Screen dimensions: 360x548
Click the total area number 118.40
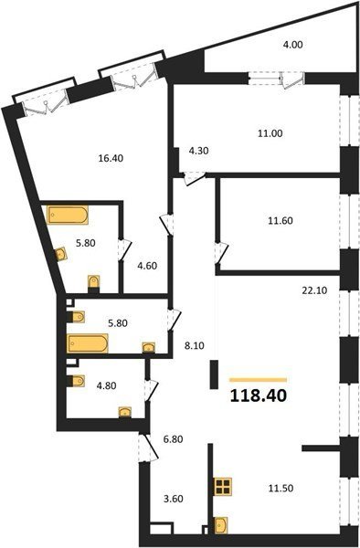pos(259,396)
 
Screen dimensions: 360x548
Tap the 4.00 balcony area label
pos(292,45)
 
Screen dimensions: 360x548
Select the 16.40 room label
pos(111,158)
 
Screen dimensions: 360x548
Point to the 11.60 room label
pos(281,221)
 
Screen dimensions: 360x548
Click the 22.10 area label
pos(315,290)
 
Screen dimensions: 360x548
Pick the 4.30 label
pos(198,151)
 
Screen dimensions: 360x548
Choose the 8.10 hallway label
pos(195,346)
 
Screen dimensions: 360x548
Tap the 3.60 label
pos(174,499)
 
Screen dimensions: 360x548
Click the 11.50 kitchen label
pos(281,489)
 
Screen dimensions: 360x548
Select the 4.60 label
pos(147,266)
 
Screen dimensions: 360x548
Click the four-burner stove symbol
pos(223,487)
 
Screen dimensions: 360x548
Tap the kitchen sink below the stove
pos(221,525)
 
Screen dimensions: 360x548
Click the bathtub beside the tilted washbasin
pos(68,215)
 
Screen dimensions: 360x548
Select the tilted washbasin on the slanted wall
pos(61,254)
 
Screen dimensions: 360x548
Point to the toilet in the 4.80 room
pos(77,381)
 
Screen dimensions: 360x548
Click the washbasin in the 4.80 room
pos(125,412)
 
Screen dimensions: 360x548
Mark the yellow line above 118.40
pos(258,380)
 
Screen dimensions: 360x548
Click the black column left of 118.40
pos(214,374)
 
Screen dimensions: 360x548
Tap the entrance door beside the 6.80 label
pos(149,448)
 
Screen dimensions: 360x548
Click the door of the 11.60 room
pos(221,253)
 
